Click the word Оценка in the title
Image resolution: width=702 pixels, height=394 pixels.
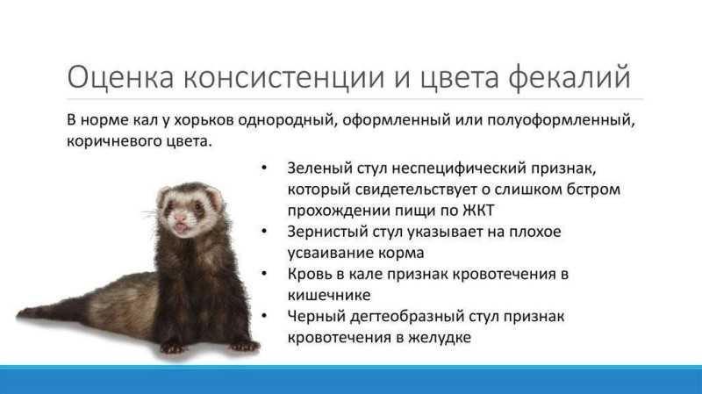[120, 76]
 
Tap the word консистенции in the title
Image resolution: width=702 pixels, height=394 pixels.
[283, 78]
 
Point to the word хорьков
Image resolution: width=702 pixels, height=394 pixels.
[204, 120]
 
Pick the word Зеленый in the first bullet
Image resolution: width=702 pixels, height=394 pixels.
[319, 168]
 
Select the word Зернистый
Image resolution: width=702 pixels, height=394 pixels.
[327, 232]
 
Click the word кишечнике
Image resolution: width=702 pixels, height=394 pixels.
[329, 296]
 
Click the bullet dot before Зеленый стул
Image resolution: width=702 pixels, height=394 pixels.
[264, 168]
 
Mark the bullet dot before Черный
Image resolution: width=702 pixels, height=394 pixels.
[264, 316]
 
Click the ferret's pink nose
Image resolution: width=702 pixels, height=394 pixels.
[180, 218]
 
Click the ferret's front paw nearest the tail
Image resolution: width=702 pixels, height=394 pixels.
[171, 347]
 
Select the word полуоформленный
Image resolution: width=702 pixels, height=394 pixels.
[561, 121]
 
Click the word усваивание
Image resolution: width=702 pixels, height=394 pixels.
[331, 253]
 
